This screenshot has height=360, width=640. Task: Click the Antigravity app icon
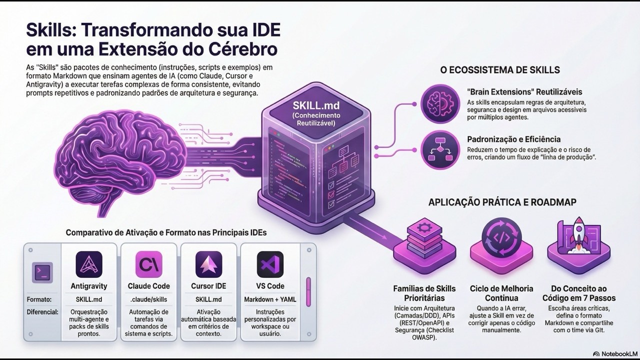(x=89, y=264)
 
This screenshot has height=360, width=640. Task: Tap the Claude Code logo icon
(x=148, y=264)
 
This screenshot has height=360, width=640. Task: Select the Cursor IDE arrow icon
(x=208, y=264)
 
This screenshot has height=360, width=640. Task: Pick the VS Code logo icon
(x=270, y=264)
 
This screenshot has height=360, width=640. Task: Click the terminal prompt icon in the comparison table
(x=42, y=272)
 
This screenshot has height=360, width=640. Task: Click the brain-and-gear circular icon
(x=440, y=103)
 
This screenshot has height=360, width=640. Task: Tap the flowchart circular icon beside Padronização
(x=440, y=149)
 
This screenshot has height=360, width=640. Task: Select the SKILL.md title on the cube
(x=316, y=105)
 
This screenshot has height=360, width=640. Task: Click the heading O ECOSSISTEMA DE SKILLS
(x=499, y=70)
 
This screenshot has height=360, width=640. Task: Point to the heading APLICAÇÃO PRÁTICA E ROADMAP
(x=502, y=202)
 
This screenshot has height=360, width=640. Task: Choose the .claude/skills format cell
(x=148, y=299)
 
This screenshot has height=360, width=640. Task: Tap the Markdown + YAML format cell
(x=270, y=299)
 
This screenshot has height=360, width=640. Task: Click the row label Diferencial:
(x=42, y=312)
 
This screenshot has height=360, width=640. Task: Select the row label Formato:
(x=39, y=299)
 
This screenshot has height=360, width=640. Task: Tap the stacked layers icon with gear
(x=424, y=238)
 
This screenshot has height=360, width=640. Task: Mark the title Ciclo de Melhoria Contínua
(x=501, y=293)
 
